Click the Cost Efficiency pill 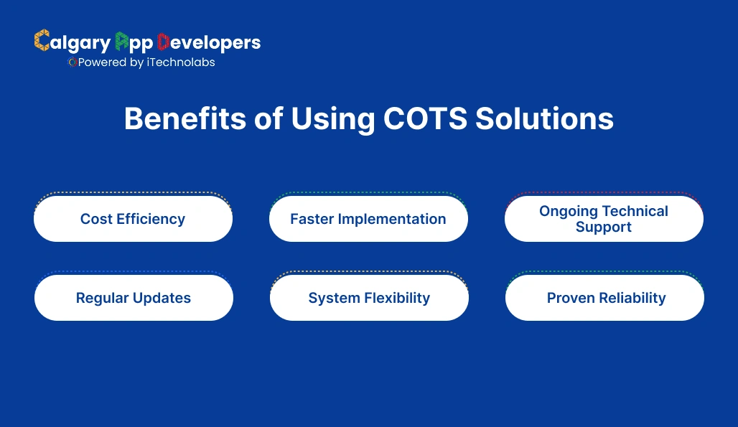point(133,219)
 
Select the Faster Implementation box point(368,219)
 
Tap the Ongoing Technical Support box point(604,219)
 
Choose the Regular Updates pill point(134,298)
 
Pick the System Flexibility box point(369,298)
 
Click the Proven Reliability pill point(604,298)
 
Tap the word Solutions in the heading point(544,119)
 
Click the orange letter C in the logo point(42,42)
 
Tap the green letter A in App point(122,42)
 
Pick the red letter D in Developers point(163,42)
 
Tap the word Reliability point(628,298)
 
